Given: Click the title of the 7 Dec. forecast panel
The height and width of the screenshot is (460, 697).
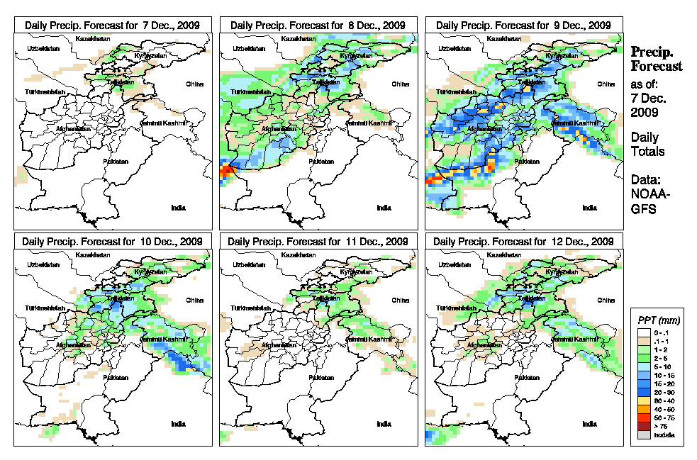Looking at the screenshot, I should point(113,25).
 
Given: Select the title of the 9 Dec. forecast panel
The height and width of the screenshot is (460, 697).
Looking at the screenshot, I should point(524,25).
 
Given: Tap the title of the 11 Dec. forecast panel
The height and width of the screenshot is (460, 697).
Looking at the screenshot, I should point(318,242).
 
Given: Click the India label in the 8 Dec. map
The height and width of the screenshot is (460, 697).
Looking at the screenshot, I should point(384,208).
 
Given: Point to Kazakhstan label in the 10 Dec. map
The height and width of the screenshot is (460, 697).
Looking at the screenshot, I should point(94,254).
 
